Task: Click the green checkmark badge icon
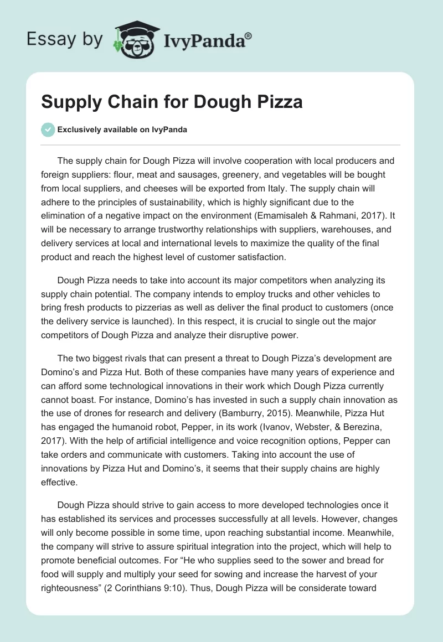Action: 48,130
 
